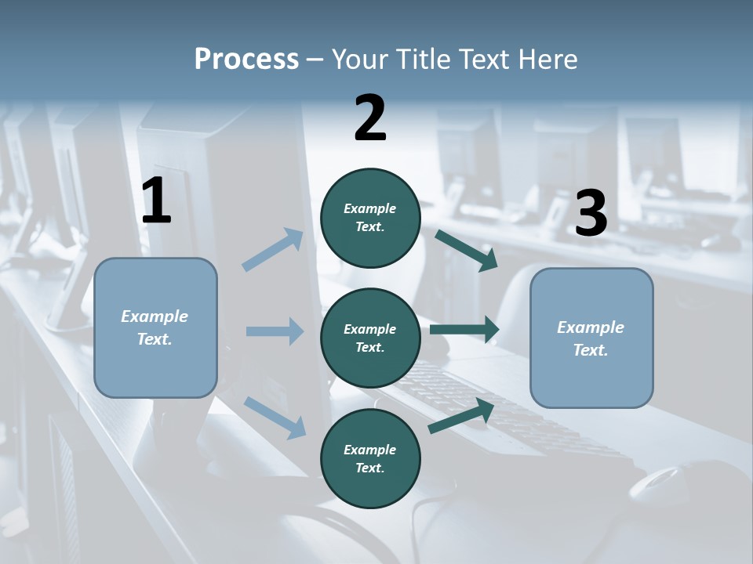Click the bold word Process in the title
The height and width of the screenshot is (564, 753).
click(x=246, y=59)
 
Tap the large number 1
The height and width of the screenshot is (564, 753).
click(x=156, y=201)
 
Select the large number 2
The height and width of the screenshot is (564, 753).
click(x=370, y=117)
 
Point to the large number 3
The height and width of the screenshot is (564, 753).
click(x=591, y=214)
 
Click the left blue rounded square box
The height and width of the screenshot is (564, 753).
click(x=155, y=368)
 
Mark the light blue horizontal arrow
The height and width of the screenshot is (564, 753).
click(x=275, y=331)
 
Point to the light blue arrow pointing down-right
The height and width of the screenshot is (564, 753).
click(x=275, y=416)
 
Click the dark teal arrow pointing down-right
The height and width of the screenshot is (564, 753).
click(x=467, y=250)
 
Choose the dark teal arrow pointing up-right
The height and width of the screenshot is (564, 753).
click(x=462, y=415)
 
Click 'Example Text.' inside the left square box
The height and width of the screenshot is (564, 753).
click(x=155, y=327)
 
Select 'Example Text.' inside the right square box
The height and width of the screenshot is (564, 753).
click(x=591, y=338)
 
